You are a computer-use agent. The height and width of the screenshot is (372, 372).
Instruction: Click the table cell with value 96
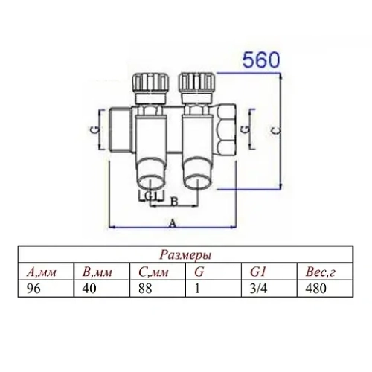pyautogui.click(x=33, y=286)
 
